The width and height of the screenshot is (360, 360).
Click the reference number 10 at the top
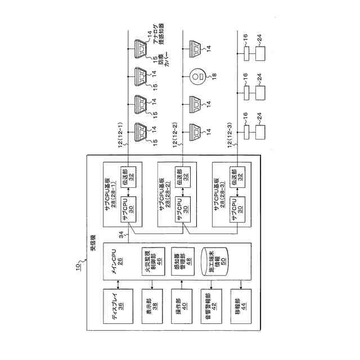[78, 269]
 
